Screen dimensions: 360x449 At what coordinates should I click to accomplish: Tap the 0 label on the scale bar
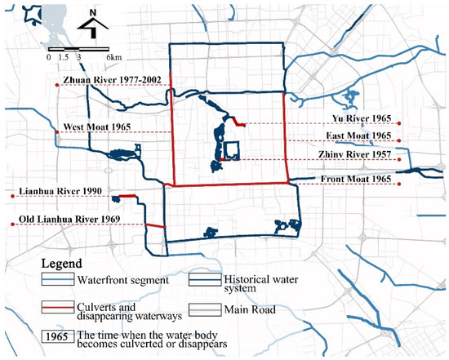point(49,59)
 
